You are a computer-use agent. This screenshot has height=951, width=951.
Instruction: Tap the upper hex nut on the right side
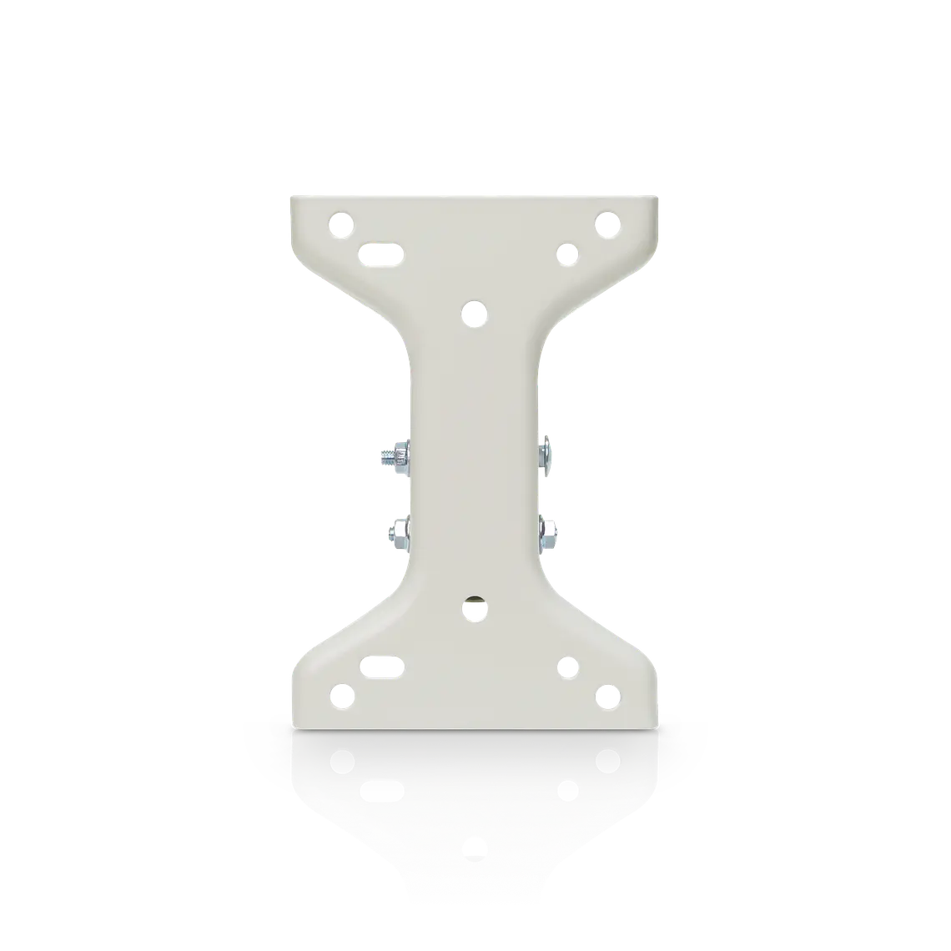(544, 450)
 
